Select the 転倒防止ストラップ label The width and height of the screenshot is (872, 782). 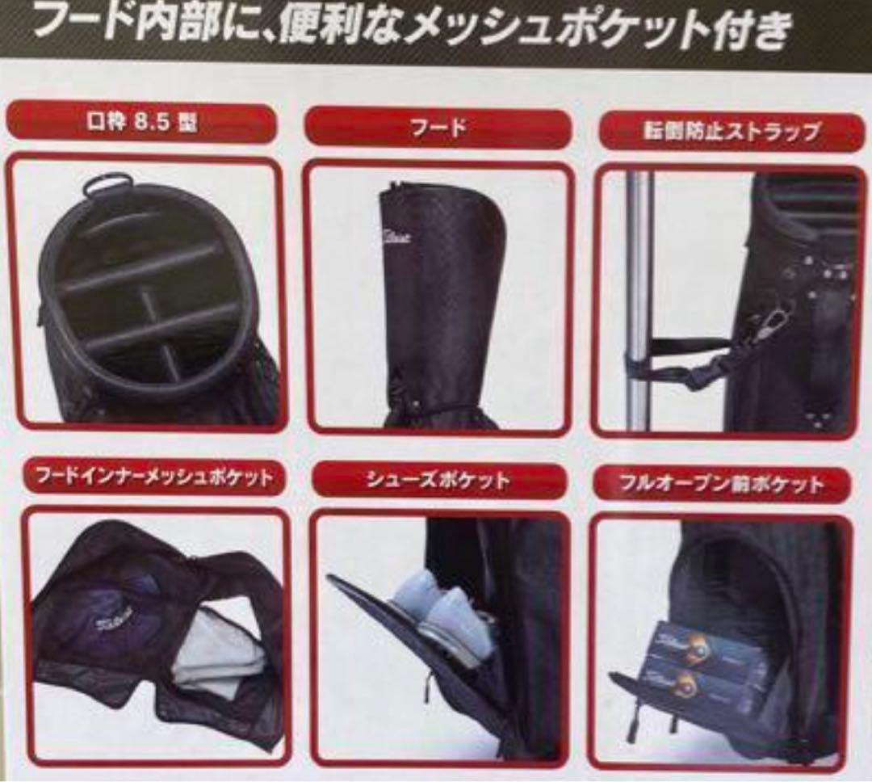point(732,132)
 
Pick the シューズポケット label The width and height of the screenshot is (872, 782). point(439,481)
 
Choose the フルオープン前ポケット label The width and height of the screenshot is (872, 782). point(721,485)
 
